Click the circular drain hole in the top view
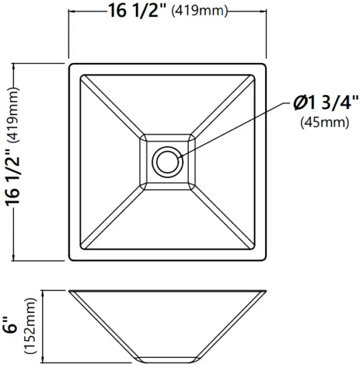(165, 161)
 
